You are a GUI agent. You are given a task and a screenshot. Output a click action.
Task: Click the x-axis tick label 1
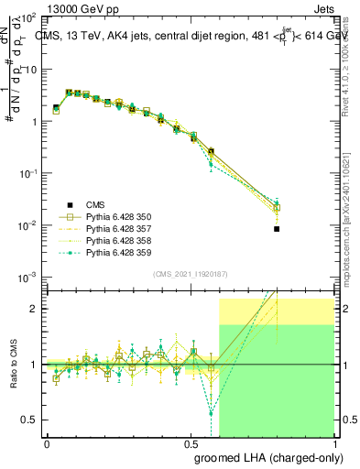pyautogui.click(x=333, y=442)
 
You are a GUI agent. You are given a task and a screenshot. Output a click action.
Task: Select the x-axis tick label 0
pyautogui.click(x=47, y=442)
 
